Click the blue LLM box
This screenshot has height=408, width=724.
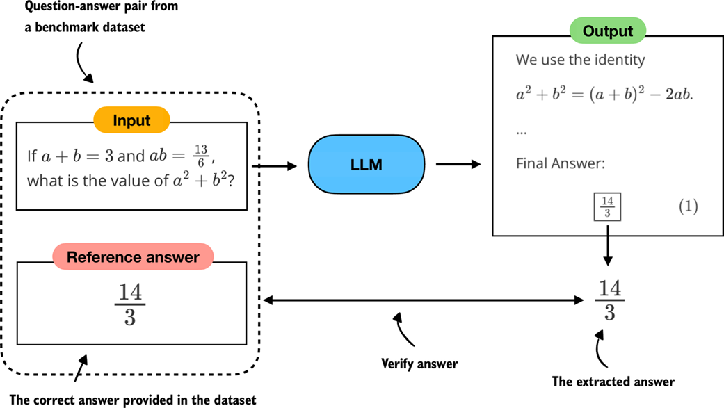point(366,165)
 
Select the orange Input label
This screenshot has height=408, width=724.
point(131,120)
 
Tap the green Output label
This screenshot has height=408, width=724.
point(608,31)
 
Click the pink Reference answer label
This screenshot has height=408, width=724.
point(132,257)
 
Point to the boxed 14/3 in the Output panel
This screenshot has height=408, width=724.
point(607,206)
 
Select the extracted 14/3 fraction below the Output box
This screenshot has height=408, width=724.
point(609,300)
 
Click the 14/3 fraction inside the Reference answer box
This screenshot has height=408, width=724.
point(130,304)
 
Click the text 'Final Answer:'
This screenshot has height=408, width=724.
point(561,164)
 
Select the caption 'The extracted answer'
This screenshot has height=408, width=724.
point(613,381)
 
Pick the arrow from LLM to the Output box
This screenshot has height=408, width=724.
point(458,165)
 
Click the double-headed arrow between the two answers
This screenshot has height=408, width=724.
point(424,300)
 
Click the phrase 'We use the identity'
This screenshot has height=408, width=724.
point(580,60)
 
